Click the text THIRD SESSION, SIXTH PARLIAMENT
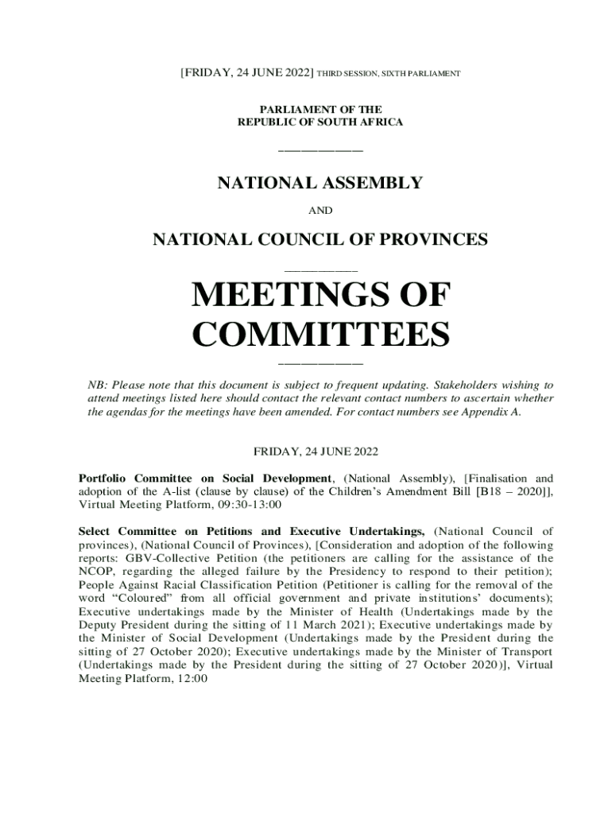(389, 74)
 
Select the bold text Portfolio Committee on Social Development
(205, 479)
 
